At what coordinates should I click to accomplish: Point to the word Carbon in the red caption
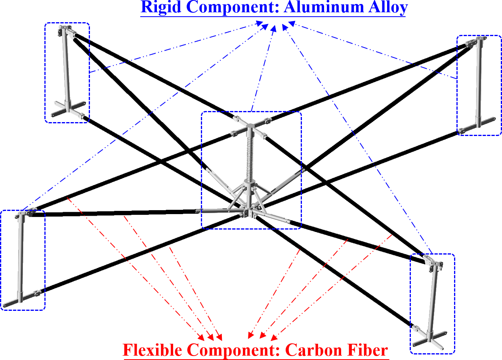311,350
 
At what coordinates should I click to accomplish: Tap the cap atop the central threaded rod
250,127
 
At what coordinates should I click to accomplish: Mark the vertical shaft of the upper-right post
479,83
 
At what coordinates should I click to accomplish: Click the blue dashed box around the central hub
202,170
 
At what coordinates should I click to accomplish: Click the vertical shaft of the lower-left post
20,258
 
